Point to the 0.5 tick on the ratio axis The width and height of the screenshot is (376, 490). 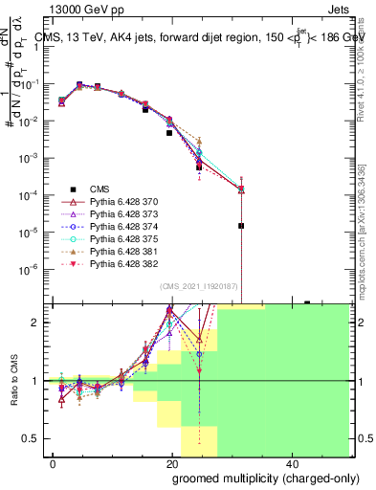(x=33, y=439)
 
